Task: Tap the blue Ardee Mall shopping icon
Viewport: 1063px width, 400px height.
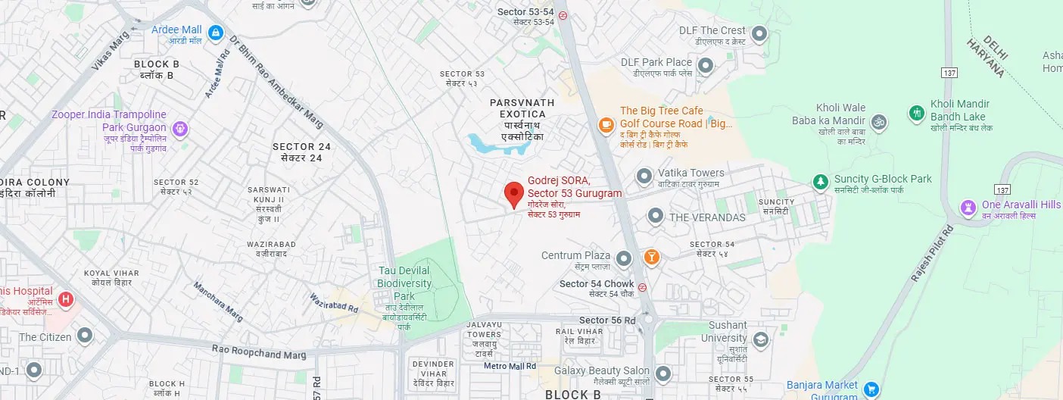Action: [217, 32]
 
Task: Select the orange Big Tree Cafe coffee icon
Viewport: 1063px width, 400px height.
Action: [606, 124]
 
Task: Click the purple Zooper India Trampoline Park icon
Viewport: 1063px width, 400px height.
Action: [179, 129]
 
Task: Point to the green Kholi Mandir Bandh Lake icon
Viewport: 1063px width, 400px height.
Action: [917, 113]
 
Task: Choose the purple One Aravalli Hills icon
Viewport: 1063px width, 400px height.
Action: [968, 207]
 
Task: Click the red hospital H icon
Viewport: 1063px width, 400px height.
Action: [66, 300]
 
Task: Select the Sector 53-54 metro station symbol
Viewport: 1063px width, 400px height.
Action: [563, 15]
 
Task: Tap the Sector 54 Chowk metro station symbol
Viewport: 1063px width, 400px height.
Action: [642, 287]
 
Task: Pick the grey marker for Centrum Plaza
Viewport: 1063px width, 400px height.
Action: [624, 259]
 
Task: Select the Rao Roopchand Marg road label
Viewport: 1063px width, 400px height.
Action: [260, 353]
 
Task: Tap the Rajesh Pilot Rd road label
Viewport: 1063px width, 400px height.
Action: [931, 255]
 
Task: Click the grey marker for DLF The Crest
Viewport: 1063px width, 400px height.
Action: [759, 34]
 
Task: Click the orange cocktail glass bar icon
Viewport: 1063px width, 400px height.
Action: [651, 258]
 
